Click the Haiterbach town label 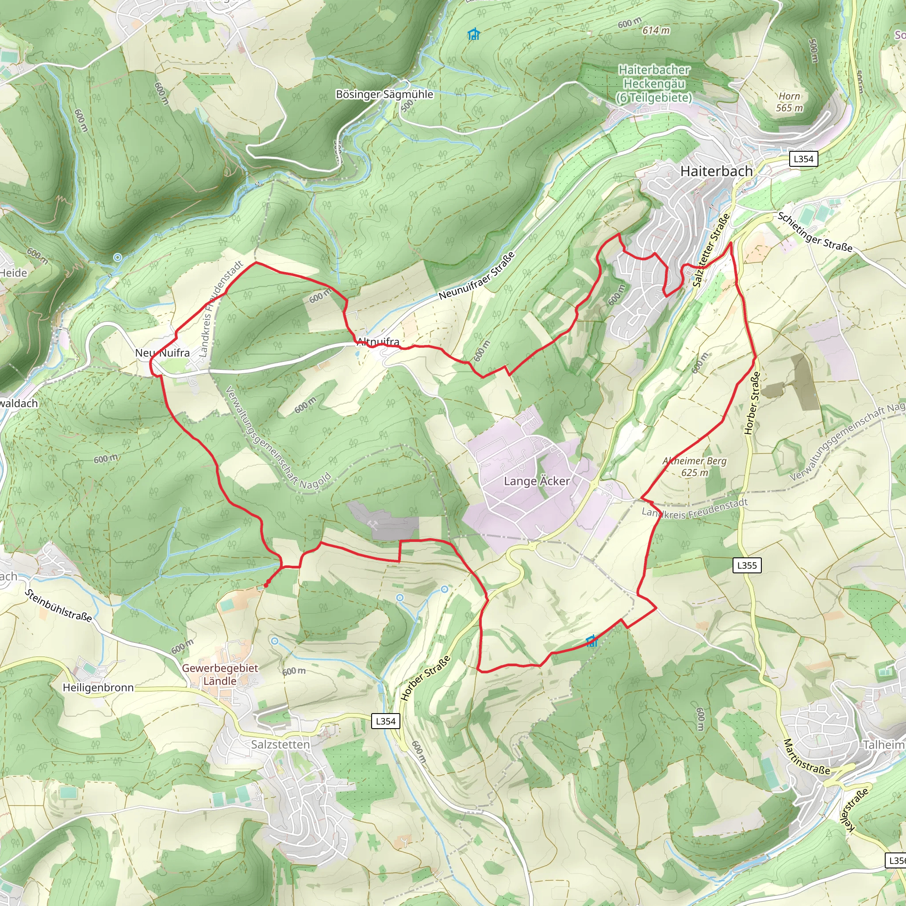(716, 171)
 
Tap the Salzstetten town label (280, 744)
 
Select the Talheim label (883, 745)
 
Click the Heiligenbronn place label (99, 687)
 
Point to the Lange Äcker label (537, 481)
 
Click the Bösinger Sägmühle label (384, 94)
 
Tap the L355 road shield (747, 565)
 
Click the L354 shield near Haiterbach (803, 158)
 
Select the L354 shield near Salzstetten (385, 721)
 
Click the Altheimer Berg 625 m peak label (695, 467)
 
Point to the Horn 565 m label (789, 102)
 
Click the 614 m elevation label (656, 31)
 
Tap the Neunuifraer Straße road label (477, 276)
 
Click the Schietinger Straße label (814, 232)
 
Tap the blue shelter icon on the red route (592, 641)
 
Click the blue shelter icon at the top (474, 34)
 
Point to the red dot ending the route (266, 585)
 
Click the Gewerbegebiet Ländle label (220, 674)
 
